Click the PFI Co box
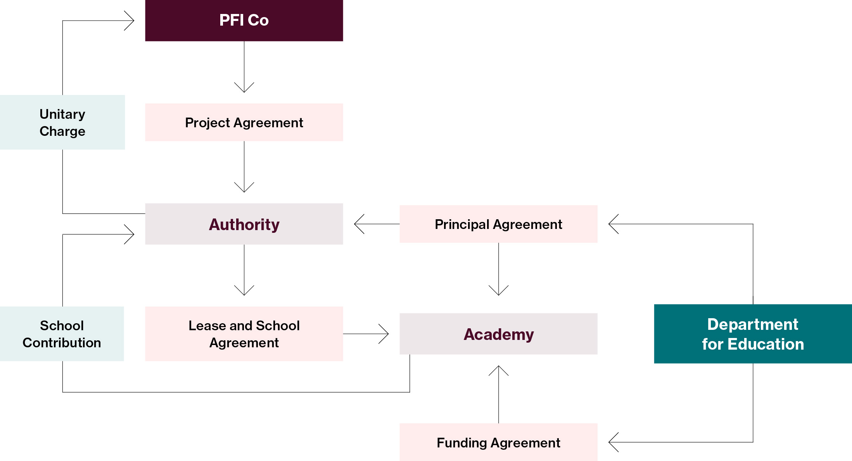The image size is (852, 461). click(244, 20)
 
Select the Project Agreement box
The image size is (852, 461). click(244, 122)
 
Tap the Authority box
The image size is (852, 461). click(244, 224)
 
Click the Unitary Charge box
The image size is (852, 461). click(62, 122)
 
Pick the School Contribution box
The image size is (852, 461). click(62, 334)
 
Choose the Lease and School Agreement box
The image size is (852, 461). click(244, 334)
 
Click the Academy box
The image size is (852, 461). click(498, 334)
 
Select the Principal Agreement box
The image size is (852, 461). click(498, 224)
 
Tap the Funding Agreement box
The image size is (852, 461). click(498, 442)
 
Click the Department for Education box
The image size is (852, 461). click(753, 334)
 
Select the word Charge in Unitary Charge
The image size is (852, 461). click(62, 131)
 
